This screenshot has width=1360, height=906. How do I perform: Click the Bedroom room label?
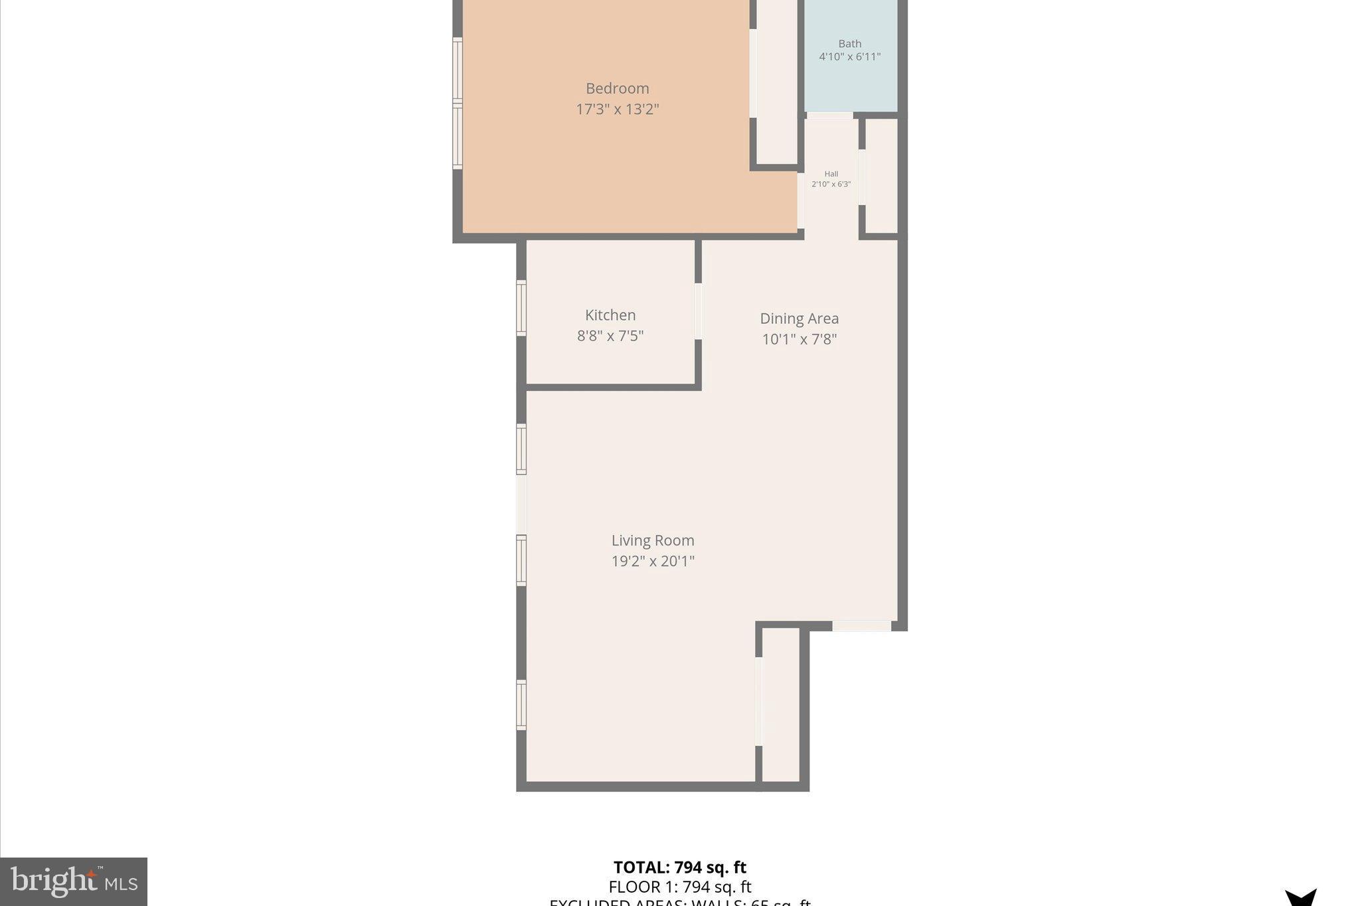(x=617, y=88)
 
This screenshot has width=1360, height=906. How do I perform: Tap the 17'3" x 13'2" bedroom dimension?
(x=617, y=109)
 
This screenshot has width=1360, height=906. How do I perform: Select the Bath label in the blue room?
(x=849, y=44)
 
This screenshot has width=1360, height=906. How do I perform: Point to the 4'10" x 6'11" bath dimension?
(x=849, y=57)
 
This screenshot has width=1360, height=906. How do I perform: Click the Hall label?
(x=831, y=174)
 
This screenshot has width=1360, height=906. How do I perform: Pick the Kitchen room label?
(x=610, y=315)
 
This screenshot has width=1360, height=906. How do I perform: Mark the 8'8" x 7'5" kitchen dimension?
(x=610, y=336)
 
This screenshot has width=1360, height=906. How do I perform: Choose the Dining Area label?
(x=799, y=319)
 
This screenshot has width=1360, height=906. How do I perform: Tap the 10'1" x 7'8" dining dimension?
(x=799, y=339)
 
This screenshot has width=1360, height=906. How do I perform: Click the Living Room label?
(x=652, y=540)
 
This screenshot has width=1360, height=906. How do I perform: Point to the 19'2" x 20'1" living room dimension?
(x=652, y=561)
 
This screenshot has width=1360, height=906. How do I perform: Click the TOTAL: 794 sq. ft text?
(x=679, y=868)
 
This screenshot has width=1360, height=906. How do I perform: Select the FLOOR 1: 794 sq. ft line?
(x=679, y=887)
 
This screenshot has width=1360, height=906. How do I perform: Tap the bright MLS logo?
(x=73, y=881)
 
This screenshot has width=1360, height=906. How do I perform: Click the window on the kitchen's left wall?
(x=521, y=308)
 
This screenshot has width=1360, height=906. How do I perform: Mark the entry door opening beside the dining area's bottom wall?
(x=861, y=626)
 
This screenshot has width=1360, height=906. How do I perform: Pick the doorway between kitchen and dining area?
(x=698, y=311)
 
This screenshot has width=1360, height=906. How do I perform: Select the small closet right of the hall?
(x=881, y=177)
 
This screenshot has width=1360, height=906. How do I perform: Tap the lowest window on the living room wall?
(x=521, y=705)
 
